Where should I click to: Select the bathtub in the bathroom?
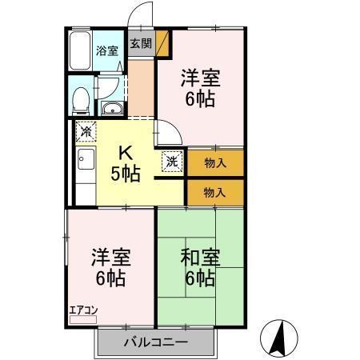pos(80,51)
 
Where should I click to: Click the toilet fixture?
pos(81,100)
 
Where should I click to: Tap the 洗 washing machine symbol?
pos(172,161)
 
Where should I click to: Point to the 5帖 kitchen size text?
pos(126,174)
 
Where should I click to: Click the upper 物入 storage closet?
pos(214,163)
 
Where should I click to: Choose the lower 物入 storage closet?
pos(214,192)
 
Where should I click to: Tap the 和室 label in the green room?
pos(200,259)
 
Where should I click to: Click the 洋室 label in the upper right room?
pos(199,79)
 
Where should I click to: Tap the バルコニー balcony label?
pos(156,342)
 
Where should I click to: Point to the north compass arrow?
pos(281,337)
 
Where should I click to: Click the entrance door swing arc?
pos(141,14)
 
